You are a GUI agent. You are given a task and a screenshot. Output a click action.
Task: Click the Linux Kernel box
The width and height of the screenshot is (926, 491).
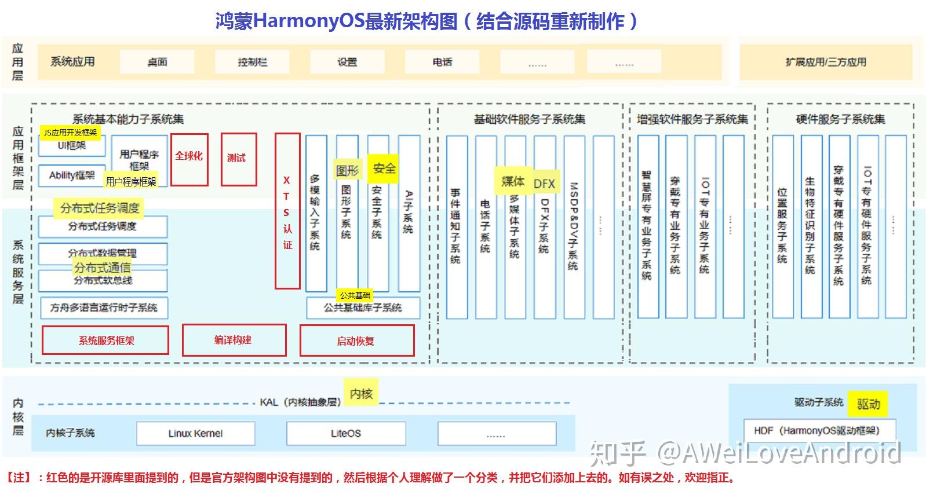tap(195, 433)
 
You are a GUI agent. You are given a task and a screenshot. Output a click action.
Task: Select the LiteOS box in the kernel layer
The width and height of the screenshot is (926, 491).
tap(346, 433)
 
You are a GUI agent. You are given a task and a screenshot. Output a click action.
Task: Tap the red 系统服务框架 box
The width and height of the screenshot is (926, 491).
tap(105, 340)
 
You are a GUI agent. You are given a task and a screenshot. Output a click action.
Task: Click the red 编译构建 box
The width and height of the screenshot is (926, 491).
tap(234, 340)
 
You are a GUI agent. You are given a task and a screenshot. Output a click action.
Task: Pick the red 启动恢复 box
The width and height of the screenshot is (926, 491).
tap(356, 340)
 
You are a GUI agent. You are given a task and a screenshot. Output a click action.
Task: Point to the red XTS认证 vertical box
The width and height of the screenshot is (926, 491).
tap(287, 211)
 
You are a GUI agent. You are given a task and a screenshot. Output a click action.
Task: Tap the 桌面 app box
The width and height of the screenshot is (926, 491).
tap(157, 62)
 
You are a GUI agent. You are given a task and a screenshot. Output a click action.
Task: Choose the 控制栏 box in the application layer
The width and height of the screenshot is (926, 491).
tap(252, 62)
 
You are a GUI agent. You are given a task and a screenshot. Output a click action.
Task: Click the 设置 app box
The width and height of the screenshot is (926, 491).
tap(347, 62)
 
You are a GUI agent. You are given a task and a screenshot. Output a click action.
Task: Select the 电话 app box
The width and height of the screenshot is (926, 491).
tap(442, 62)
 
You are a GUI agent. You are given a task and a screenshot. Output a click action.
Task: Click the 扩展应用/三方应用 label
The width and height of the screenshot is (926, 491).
tap(826, 62)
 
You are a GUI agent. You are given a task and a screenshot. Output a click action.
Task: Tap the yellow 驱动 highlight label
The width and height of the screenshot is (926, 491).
tap(867, 404)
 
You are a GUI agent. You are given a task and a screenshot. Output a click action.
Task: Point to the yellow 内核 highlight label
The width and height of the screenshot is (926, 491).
tap(360, 394)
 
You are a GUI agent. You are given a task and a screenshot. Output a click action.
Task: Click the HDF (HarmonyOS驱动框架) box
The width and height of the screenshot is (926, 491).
tap(820, 430)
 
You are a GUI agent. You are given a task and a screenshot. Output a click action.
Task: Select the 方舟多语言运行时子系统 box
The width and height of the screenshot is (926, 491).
tap(104, 307)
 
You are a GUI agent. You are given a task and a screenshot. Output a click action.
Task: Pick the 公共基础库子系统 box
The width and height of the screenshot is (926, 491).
tap(363, 307)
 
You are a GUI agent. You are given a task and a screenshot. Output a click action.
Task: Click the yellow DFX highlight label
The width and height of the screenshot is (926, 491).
tap(544, 184)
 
